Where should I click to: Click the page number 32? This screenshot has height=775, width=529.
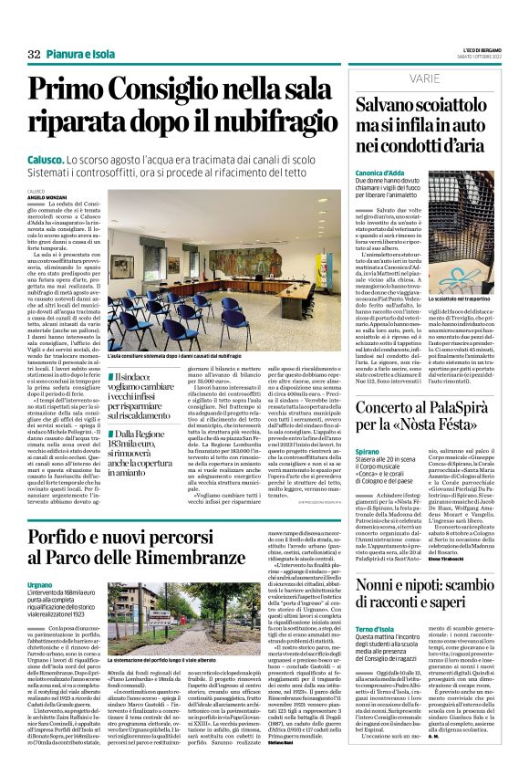35,55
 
